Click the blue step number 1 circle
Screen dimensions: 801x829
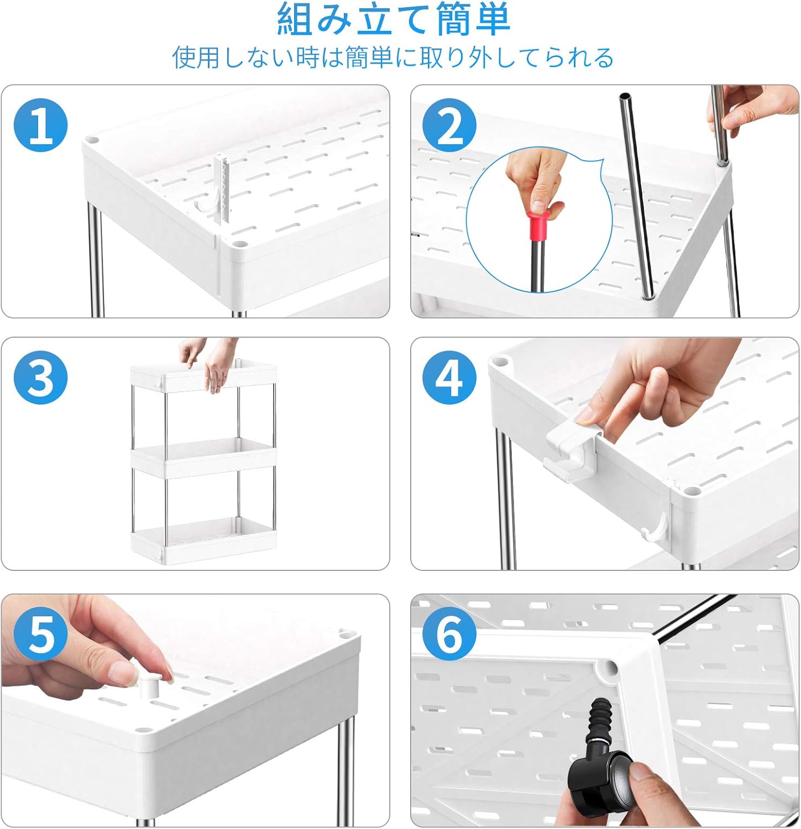coord(40,125)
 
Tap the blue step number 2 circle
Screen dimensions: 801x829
coord(449,125)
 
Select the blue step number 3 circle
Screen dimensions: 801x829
coord(40,377)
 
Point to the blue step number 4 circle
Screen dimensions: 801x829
coord(449,377)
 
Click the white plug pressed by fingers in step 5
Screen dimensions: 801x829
coord(149,686)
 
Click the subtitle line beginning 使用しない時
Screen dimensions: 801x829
coord(393,57)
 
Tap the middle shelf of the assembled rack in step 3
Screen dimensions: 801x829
coord(203,458)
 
